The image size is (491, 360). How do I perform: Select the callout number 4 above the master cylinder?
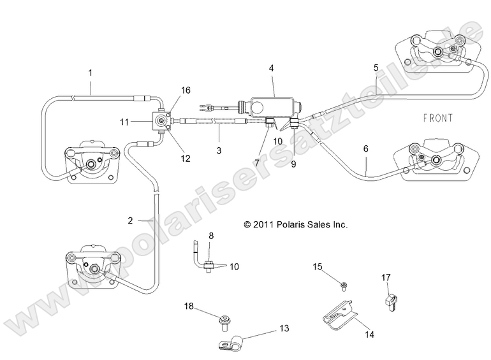272,66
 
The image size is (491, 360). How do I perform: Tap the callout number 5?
376,68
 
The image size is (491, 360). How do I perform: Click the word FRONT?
437,118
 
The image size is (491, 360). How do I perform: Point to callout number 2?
130,220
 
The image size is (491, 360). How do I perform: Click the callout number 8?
210,236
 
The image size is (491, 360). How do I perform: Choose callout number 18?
189,306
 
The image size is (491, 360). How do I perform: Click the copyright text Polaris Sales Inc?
295,225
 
